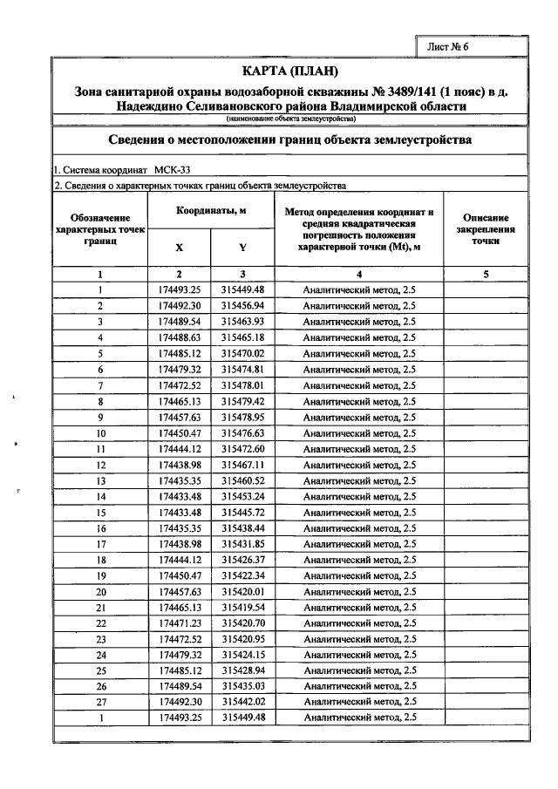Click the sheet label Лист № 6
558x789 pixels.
448,46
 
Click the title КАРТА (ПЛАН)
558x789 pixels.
289,71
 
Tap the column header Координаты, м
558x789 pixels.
211,212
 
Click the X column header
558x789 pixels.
180,247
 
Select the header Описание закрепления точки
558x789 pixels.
486,229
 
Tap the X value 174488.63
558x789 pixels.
180,337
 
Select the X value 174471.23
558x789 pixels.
180,623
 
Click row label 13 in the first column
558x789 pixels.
101,480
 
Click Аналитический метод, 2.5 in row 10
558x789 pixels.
358,432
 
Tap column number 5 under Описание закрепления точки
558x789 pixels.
486,274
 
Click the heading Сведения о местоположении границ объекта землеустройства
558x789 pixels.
289,139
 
